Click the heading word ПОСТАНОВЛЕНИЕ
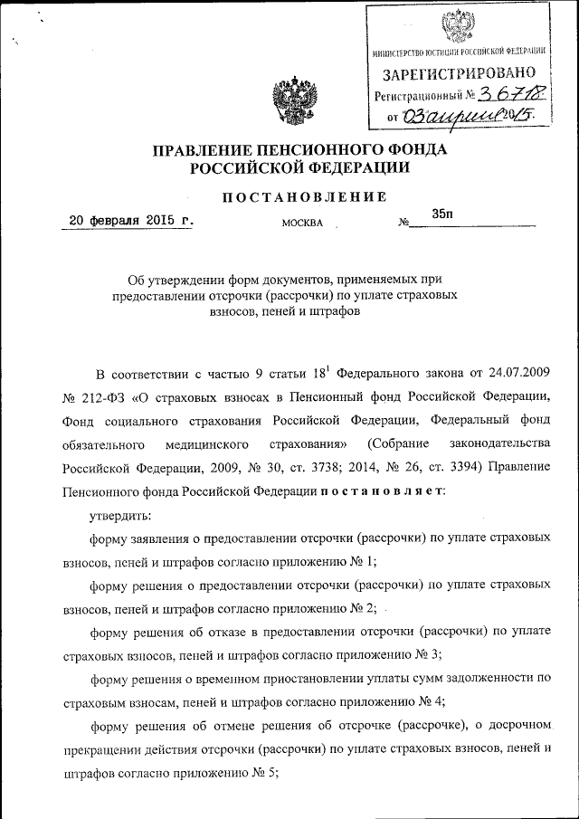pyautogui.click(x=305, y=196)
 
